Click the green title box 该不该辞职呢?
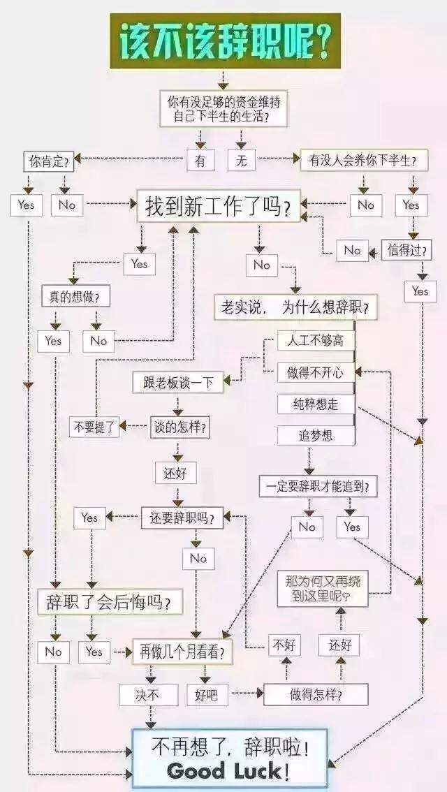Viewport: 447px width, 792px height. [x=226, y=41]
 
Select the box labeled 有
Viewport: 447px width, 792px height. [x=200, y=161]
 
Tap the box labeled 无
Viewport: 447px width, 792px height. [x=242, y=161]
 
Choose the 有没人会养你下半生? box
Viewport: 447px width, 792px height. [x=364, y=161]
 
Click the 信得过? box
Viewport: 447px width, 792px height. [x=406, y=249]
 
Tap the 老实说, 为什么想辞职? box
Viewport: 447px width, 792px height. [x=295, y=307]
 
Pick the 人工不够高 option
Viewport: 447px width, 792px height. [x=316, y=341]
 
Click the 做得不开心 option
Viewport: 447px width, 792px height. [x=316, y=372]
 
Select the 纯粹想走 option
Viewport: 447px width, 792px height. [x=316, y=404]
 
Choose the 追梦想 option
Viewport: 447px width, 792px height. [x=316, y=435]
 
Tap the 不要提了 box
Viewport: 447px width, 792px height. [x=94, y=427]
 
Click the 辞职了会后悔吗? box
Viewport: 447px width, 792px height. [x=110, y=602]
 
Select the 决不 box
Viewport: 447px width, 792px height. [x=149, y=695]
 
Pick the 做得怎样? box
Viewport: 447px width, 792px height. [x=316, y=694]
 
